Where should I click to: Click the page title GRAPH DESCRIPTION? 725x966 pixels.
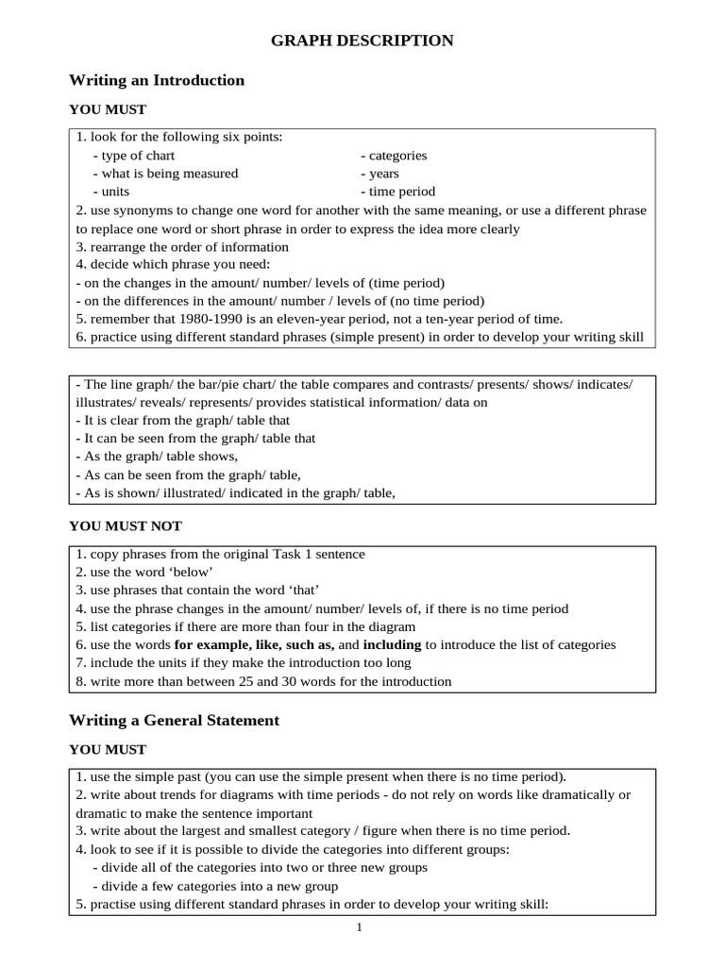[362, 41]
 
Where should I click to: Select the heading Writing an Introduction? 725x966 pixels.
[157, 80]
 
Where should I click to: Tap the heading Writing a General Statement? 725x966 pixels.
[174, 720]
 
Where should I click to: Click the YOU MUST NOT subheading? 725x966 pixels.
[126, 525]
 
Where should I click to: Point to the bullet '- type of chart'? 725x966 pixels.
[133, 156]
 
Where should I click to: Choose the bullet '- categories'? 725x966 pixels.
[394, 156]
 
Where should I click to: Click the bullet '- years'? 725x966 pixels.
[379, 174]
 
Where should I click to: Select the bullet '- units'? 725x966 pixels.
[111, 192]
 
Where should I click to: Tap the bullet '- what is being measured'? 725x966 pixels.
[165, 174]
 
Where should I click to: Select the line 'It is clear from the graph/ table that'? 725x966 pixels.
[183, 421]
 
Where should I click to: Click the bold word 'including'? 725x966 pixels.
[392, 645]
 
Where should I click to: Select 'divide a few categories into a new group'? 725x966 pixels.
[214, 886]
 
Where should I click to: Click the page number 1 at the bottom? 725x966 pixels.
[360, 927]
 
